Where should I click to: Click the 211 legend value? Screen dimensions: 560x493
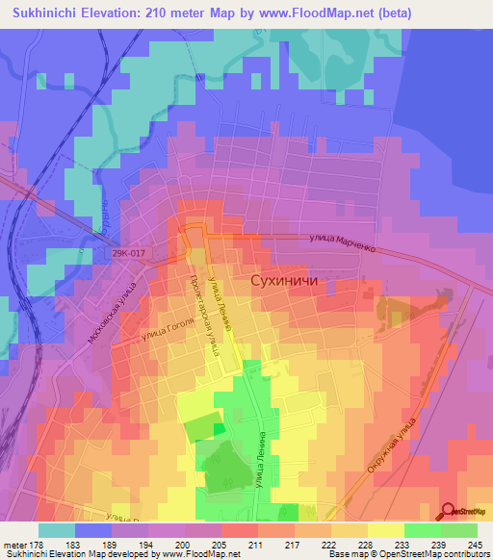coord(254,544)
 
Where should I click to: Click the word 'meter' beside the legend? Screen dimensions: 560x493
coord(14,544)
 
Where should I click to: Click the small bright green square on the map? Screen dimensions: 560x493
coord(219,428)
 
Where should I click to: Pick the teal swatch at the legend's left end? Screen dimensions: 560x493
coord(57,530)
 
